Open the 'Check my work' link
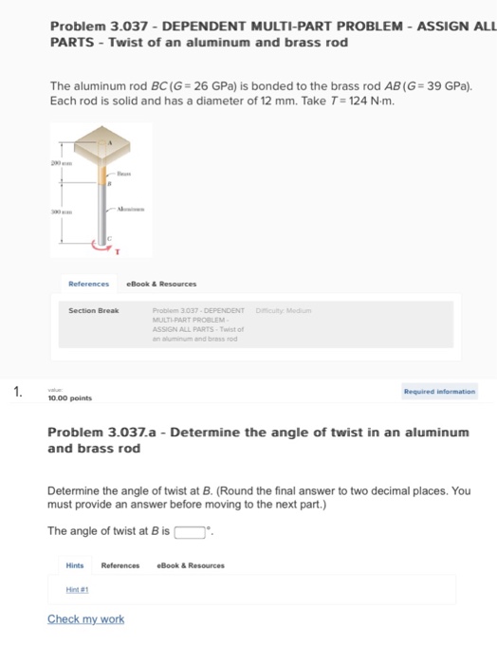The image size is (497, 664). point(85,619)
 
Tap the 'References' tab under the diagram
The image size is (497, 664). point(88,283)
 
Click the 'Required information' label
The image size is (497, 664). point(439,390)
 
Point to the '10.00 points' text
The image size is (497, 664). point(69,398)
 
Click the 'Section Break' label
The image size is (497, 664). point(93,310)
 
